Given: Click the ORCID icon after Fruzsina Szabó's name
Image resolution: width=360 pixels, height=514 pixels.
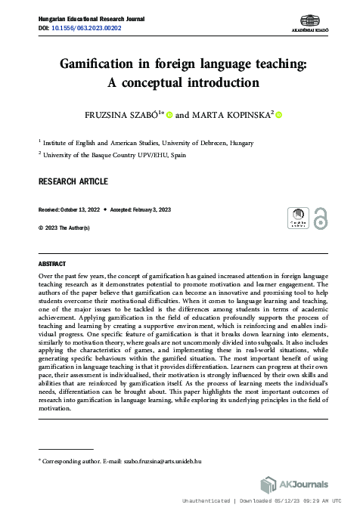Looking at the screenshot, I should [169, 115].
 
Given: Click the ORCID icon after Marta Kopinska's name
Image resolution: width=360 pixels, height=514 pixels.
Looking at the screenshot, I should [278, 114].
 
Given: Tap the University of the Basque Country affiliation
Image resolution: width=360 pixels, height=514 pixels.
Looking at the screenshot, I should [115, 153].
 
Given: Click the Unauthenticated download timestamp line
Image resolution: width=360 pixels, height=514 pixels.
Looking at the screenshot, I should [268, 501].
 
